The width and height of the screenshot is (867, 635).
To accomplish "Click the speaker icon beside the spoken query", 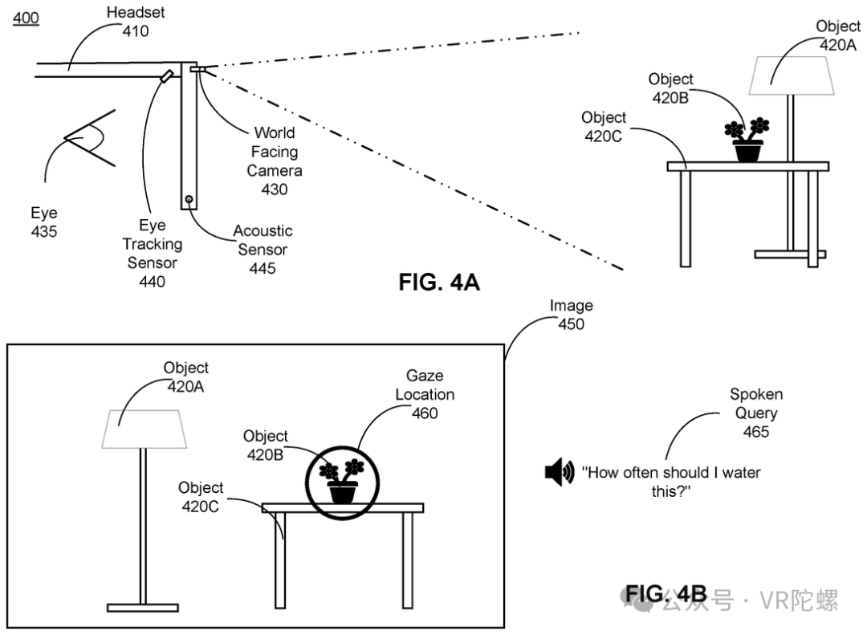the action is click(560, 472).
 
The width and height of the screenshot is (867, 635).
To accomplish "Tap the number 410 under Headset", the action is click(136, 31).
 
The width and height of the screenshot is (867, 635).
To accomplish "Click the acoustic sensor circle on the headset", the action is click(189, 199).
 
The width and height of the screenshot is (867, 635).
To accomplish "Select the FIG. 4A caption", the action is click(439, 282).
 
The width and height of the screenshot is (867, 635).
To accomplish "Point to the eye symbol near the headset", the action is click(89, 138).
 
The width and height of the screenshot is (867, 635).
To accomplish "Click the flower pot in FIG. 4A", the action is click(747, 150).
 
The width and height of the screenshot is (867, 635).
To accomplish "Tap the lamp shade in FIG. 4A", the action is click(792, 75).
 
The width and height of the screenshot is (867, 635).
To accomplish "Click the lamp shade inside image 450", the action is click(144, 429).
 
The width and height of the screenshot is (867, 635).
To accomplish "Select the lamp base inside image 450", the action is click(143, 608).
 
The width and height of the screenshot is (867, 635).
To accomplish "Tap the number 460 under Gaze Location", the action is click(425, 413).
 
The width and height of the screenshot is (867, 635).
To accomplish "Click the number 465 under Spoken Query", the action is click(756, 431).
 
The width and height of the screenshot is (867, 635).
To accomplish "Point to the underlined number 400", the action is click(26, 18).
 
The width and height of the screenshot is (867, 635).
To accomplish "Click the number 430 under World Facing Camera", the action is click(275, 189).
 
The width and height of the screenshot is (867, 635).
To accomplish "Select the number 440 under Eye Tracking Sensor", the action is click(152, 282).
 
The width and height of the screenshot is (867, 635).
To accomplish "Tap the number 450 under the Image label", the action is click(572, 324).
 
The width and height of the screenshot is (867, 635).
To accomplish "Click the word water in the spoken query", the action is click(741, 472).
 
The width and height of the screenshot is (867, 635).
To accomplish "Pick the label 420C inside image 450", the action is click(200, 506).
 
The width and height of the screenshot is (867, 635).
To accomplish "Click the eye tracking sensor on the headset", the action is click(167, 75).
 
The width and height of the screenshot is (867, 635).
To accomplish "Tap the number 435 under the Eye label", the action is click(43, 231).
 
